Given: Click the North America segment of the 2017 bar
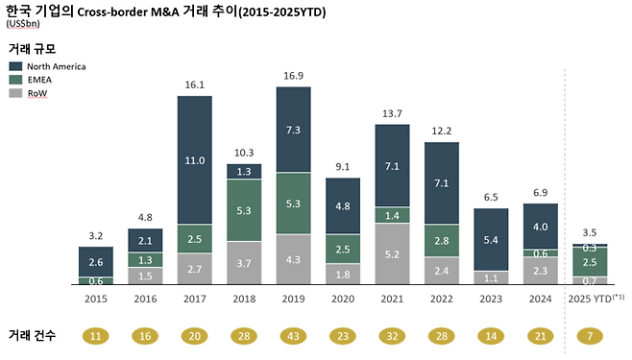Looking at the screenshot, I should [x=194, y=161].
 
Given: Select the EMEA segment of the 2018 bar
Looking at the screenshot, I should [x=244, y=210].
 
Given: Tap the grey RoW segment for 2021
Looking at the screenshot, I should [x=393, y=254].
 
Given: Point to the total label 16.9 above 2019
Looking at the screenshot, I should [x=293, y=75].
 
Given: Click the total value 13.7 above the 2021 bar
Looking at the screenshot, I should [x=393, y=113].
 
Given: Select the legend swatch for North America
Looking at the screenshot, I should [x=15, y=66].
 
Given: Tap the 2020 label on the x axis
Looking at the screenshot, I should [x=343, y=300].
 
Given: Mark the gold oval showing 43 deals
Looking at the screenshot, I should [x=293, y=335].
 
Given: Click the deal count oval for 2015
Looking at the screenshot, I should [x=94, y=335].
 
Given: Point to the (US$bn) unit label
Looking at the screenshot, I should [x=24, y=23].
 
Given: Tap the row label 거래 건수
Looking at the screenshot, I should [x=31, y=335].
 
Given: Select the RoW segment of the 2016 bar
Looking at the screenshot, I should [x=144, y=276].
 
